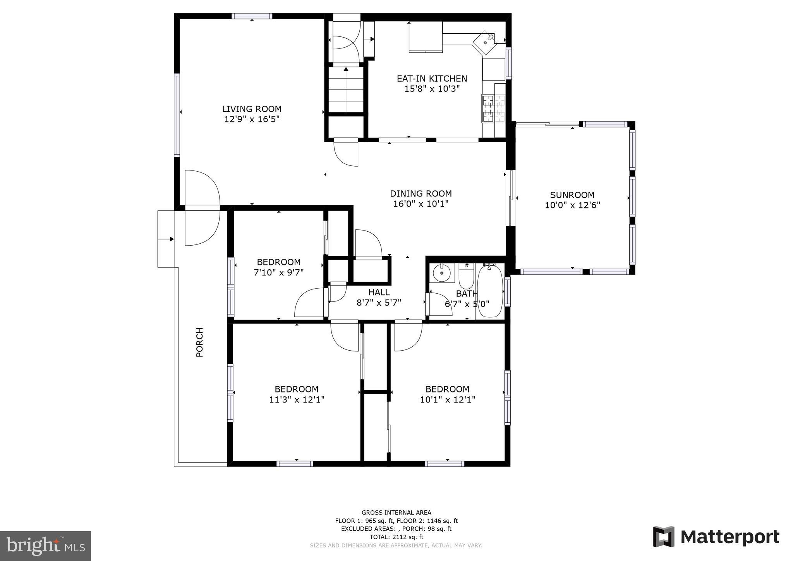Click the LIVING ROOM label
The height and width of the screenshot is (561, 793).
pyautogui.click(x=252, y=109)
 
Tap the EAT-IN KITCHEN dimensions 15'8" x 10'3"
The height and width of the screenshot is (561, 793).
pyautogui.click(x=432, y=89)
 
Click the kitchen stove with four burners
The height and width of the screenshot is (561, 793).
pyautogui.click(x=494, y=108)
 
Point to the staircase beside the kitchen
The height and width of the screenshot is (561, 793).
pyautogui.click(x=346, y=89)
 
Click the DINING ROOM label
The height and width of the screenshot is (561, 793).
pyautogui.click(x=421, y=193)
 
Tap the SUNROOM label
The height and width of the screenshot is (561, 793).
pyautogui.click(x=572, y=195)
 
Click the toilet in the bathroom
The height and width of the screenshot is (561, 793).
pyautogui.click(x=466, y=276)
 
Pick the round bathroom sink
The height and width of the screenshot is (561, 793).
pyautogui.click(x=441, y=273)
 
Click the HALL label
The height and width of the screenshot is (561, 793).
pyautogui.click(x=379, y=292)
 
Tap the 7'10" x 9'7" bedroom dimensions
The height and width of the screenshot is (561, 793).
pyautogui.click(x=278, y=272)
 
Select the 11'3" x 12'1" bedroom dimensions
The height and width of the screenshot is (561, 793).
pyautogui.click(x=297, y=399)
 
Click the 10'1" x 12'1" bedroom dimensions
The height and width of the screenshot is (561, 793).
pyautogui.click(x=448, y=399)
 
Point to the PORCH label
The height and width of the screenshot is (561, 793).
pyautogui.click(x=199, y=342)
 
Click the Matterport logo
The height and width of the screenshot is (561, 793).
pyautogui.click(x=716, y=537)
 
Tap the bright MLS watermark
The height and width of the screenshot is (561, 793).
pyautogui.click(x=45, y=546)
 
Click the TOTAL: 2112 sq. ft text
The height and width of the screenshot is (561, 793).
pyautogui.click(x=396, y=537)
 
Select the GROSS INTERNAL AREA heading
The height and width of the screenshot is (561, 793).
pyautogui.click(x=396, y=513)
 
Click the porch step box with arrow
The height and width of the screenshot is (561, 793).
pyautogui.click(x=166, y=239)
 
